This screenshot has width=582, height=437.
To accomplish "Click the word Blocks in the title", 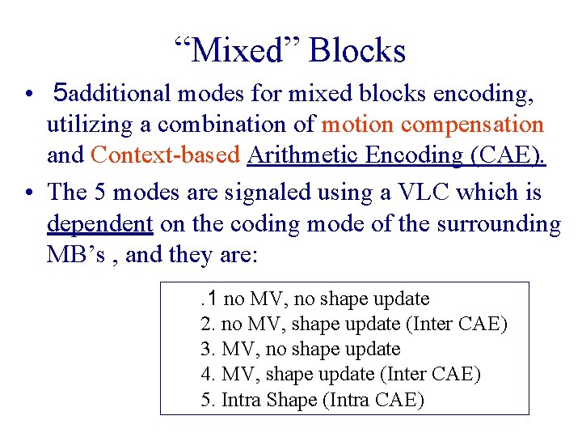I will tap(357, 51).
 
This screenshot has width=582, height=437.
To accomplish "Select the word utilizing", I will tap(84, 125).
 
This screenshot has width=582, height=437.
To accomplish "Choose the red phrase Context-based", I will tap(166, 155).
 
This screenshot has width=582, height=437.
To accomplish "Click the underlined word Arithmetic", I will tap(299, 155).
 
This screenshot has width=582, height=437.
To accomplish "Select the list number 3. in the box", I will tap(206, 350).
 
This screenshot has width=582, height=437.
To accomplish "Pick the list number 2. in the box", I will tap(206, 325).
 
